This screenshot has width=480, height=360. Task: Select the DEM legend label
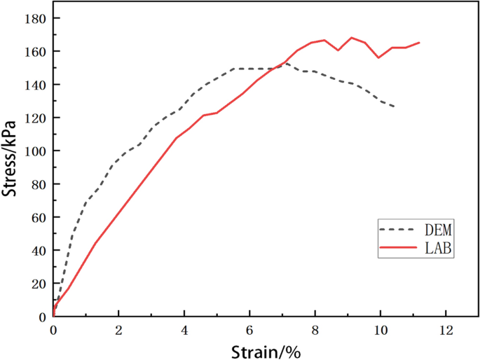click(437, 229)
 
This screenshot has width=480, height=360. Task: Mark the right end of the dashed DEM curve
click(395, 106)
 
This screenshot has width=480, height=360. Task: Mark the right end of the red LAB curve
click(419, 43)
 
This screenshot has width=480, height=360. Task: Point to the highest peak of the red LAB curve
click(351, 38)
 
